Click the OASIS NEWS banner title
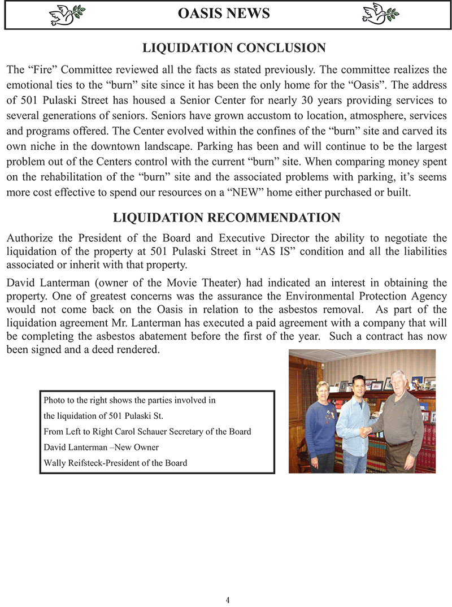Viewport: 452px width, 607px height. [224, 13]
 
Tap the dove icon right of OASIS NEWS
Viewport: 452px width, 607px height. [380, 13]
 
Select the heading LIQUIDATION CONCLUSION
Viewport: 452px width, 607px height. [234, 48]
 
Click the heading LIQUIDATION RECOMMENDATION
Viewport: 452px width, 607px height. [227, 218]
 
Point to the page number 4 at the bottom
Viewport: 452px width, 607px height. [228, 600]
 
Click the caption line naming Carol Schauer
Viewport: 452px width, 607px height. [147, 431]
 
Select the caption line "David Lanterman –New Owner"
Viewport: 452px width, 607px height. [101, 447]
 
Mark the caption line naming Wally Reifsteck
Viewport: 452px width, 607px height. [115, 463]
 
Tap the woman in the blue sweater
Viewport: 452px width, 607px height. [320, 424]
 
